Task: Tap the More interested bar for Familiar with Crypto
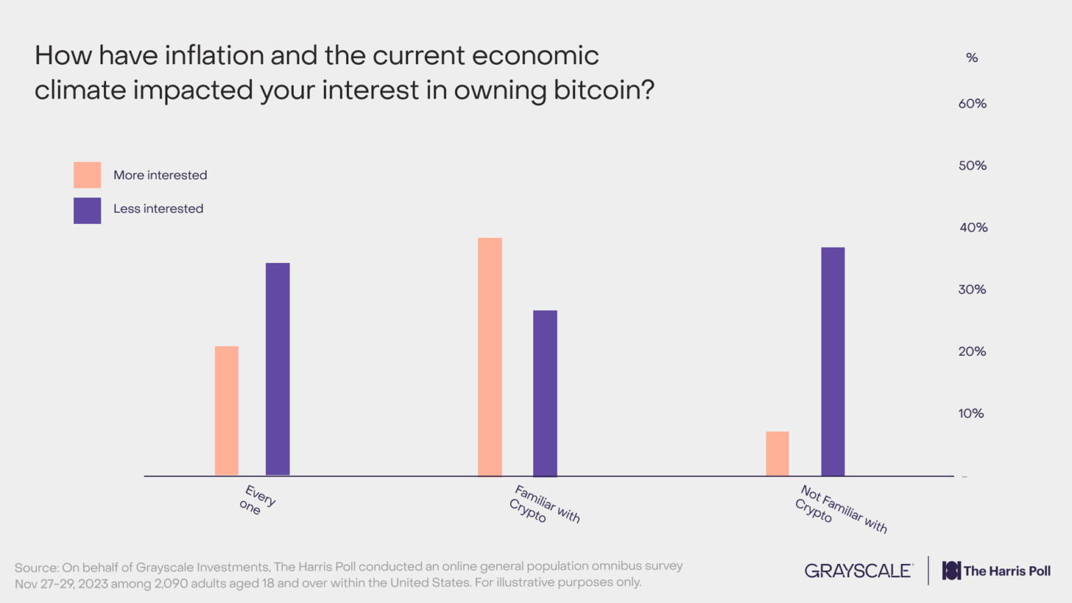pos(490,356)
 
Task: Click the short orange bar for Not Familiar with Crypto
pos(777,454)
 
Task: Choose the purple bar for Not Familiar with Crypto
pos(833,361)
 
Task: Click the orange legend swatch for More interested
pos(87,175)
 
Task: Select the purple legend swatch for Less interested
pos(87,211)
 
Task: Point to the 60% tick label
pos(972,104)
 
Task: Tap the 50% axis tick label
pos(972,166)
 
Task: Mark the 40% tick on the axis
pos(973,228)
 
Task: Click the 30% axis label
pos(972,290)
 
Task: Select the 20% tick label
pos(972,352)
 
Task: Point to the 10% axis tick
pos(971,414)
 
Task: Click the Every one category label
pos(257,500)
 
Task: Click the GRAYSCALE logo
pos(858,571)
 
